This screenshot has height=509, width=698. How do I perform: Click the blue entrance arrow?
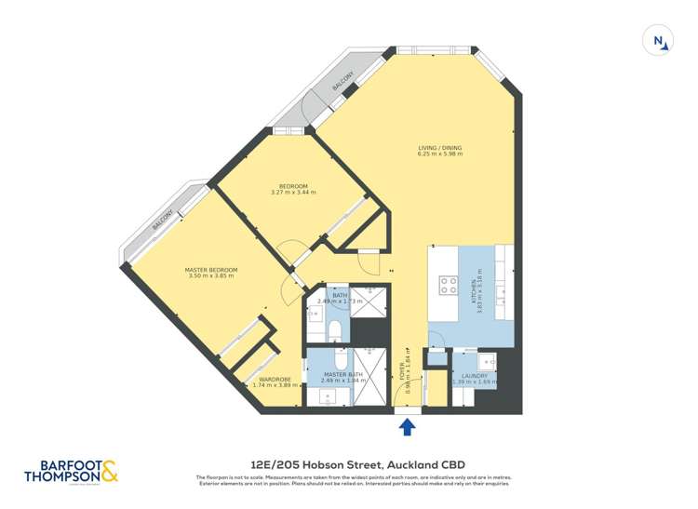pos(407,427)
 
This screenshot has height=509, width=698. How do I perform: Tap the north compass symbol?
pos(659,41)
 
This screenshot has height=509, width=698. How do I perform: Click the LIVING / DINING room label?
pos(439,151)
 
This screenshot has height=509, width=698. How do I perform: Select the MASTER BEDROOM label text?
pos(212,273)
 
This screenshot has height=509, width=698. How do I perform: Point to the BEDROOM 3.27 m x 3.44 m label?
pos(293,189)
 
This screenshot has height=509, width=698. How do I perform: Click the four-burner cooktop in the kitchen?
pos(448,286)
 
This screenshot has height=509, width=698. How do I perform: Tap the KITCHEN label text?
pos(477,293)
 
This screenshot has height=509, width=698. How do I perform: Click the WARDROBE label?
pos(276,382)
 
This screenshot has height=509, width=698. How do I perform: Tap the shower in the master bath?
pos(368,378)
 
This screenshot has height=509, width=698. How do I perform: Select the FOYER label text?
pos(407,370)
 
